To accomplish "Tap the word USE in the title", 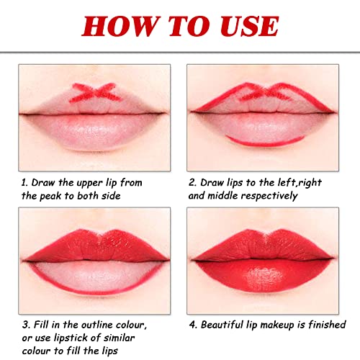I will point(243,26).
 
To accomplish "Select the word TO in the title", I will point(181,26).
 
